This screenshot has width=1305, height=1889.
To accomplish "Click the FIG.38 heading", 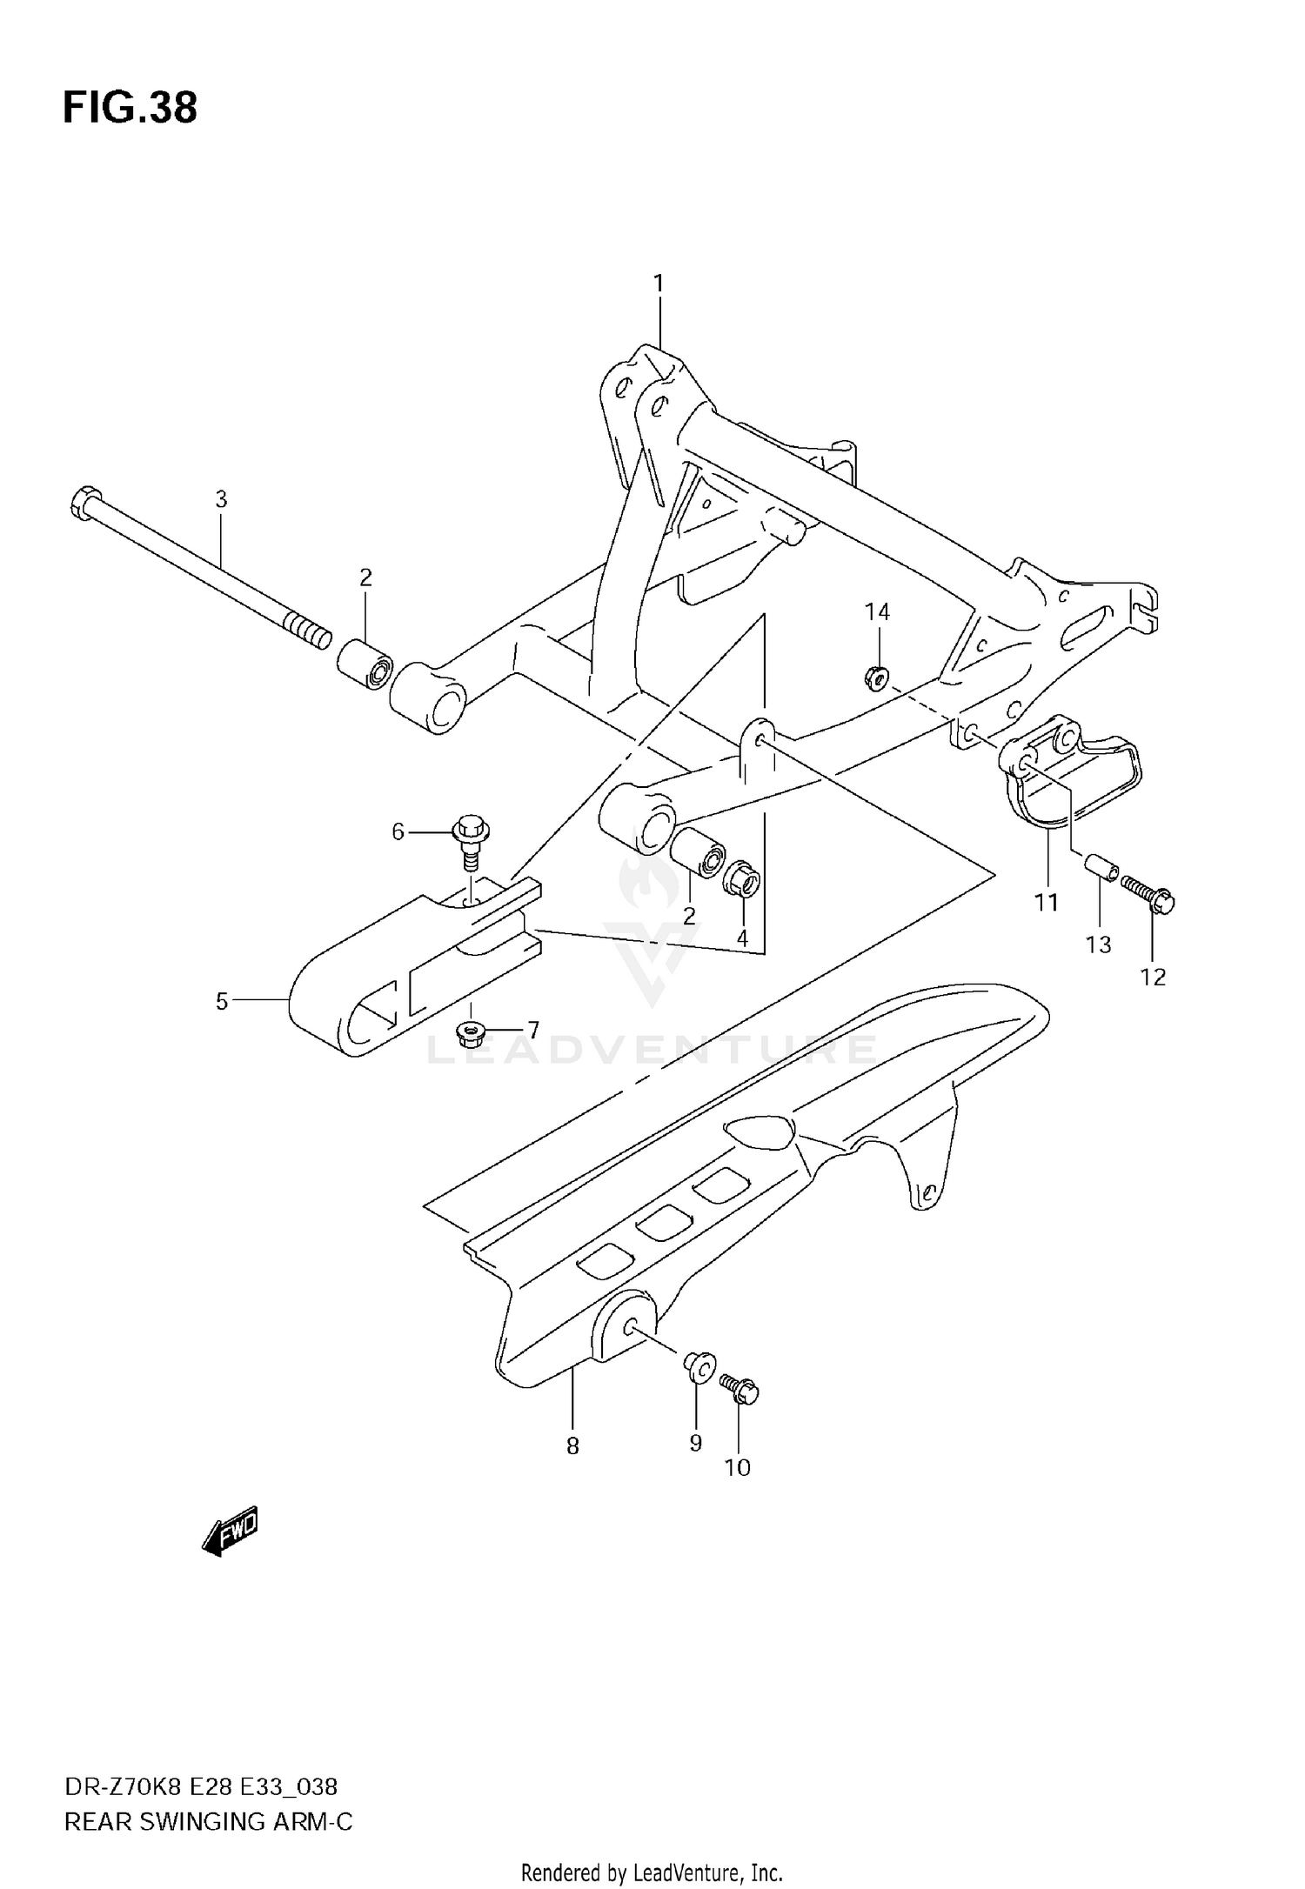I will point(130,108).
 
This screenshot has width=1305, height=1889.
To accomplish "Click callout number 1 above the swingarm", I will point(659,284).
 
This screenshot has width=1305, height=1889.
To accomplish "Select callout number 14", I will point(877,612).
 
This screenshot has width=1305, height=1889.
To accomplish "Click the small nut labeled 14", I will point(876,676).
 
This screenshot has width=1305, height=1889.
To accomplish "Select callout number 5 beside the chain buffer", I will point(222,1002).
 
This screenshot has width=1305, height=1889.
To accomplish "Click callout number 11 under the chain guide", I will point(1046,903).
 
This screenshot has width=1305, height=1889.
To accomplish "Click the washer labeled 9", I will point(699,1367).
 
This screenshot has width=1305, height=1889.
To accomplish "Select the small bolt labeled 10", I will point(739,1389).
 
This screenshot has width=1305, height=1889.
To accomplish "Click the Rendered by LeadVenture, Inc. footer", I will point(652,1872).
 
